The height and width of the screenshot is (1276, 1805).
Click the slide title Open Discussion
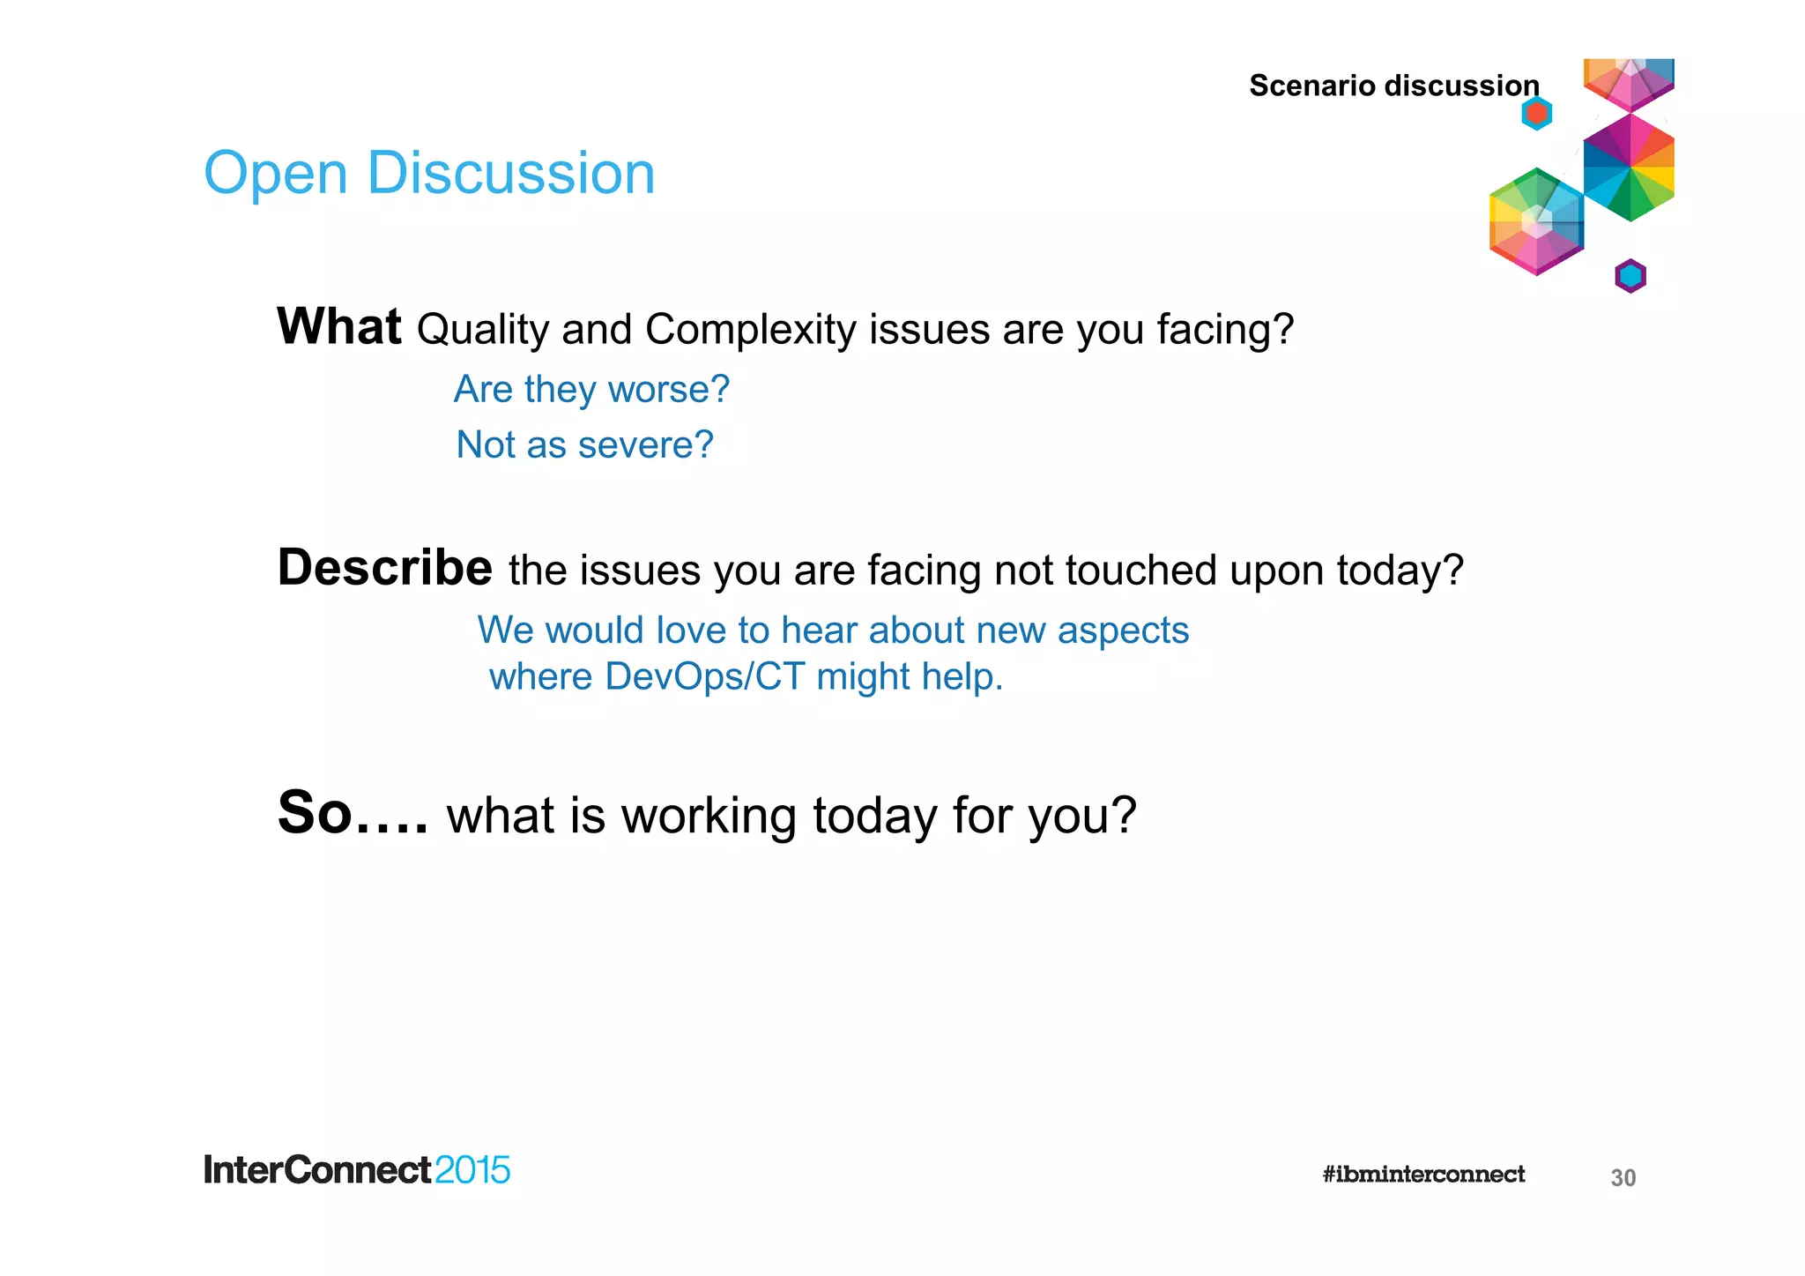(x=429, y=173)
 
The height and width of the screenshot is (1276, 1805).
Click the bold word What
(x=339, y=326)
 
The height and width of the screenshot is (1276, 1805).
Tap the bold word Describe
(x=384, y=567)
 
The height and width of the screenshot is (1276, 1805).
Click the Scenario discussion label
(x=1393, y=86)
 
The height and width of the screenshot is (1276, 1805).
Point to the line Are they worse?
(x=591, y=389)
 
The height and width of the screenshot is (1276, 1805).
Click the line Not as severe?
(x=584, y=444)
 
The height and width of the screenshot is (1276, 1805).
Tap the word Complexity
(x=750, y=330)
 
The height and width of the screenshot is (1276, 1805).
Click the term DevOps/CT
(x=704, y=676)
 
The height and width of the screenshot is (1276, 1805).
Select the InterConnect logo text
(x=317, y=1170)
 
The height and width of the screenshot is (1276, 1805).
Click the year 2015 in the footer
(x=472, y=1170)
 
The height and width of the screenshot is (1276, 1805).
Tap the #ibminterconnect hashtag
(x=1422, y=1174)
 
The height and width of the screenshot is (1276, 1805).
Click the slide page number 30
(x=1623, y=1178)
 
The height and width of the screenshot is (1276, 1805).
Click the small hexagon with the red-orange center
(x=1536, y=113)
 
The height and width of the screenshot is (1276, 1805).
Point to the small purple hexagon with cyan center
(x=1630, y=276)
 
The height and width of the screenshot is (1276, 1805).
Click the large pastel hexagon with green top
(x=1536, y=221)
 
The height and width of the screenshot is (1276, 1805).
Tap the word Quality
(x=483, y=330)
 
